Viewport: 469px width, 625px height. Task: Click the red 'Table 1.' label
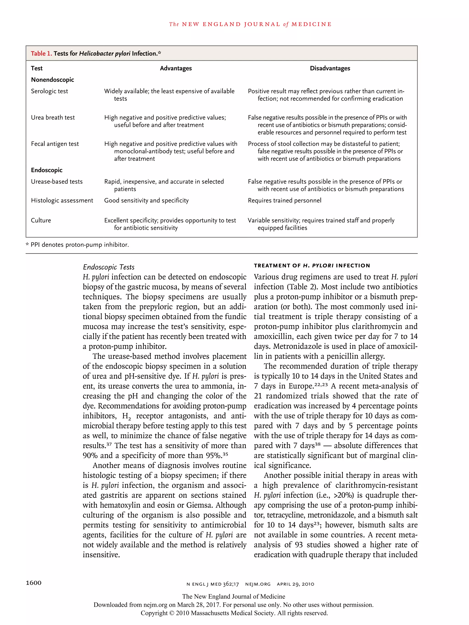(41, 53)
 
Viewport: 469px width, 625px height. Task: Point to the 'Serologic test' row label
(49, 91)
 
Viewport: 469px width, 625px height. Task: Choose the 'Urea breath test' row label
(53, 117)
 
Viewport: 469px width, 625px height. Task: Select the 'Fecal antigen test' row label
(55, 144)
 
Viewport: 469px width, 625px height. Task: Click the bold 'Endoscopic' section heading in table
(47, 170)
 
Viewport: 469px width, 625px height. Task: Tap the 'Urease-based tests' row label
(57, 182)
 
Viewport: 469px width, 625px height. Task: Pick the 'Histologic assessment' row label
(62, 201)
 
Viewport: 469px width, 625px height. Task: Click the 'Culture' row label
(41, 220)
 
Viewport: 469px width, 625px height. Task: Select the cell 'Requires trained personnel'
(284, 201)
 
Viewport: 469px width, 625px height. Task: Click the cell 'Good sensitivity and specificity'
(146, 201)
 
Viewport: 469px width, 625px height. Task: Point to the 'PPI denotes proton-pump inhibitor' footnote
(79, 245)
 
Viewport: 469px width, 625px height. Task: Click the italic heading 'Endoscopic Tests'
(109, 267)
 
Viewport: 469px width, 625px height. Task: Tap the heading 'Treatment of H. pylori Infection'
(312, 266)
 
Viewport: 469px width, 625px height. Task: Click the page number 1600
(34, 583)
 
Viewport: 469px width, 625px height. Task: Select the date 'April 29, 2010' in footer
(295, 584)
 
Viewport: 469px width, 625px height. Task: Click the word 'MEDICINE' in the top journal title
(311, 24)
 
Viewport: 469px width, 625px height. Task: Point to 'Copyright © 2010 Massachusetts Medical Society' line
(234, 613)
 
